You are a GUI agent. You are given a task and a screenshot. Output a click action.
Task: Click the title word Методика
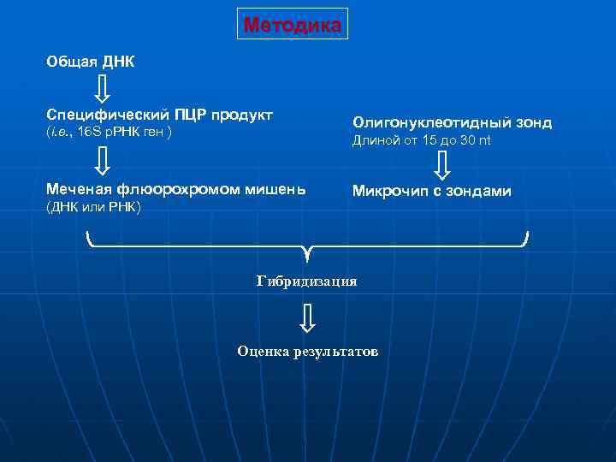293,25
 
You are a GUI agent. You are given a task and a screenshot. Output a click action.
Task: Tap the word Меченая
79,189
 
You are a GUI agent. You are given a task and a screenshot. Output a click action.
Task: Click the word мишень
276,189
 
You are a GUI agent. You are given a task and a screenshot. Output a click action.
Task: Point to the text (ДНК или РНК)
93,208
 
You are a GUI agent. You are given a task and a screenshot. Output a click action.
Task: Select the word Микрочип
388,191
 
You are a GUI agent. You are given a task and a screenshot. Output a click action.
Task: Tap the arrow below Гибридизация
307,318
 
